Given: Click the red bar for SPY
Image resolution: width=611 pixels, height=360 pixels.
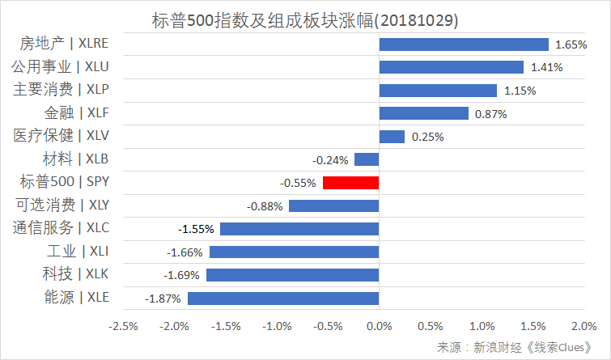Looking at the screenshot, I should click(350, 183).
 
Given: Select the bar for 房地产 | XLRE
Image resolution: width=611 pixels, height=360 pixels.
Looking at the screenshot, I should click(464, 44).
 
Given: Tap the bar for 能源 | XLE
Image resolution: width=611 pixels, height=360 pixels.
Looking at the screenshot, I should click(283, 299).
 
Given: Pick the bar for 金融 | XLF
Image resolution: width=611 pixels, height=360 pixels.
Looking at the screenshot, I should click(423, 114).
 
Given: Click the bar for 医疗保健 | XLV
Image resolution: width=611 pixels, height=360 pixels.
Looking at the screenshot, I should click(392, 137).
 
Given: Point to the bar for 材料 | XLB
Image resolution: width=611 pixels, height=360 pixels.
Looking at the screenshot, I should click(367, 160).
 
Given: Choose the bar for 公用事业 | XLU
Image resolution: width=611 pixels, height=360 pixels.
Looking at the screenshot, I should click(452, 67).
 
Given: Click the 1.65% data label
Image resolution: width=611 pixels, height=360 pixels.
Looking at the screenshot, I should click(571, 44).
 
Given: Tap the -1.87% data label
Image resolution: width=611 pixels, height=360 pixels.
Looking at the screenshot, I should click(161, 299).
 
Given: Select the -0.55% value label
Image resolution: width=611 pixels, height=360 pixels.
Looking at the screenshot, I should click(299, 183).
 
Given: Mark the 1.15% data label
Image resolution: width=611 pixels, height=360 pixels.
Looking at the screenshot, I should click(520, 91).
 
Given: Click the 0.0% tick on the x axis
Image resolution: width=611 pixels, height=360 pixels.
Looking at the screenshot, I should click(379, 326).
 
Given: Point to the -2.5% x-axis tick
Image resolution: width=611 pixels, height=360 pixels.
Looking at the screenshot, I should click(123, 326).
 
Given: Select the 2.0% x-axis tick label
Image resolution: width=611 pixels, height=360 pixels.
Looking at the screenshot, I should click(583, 326).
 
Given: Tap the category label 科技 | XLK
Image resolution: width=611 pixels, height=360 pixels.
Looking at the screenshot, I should click(76, 274).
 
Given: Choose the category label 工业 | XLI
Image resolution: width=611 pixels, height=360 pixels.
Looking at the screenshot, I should click(78, 252).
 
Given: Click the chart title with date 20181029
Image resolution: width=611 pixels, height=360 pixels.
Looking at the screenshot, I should click(303, 18).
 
